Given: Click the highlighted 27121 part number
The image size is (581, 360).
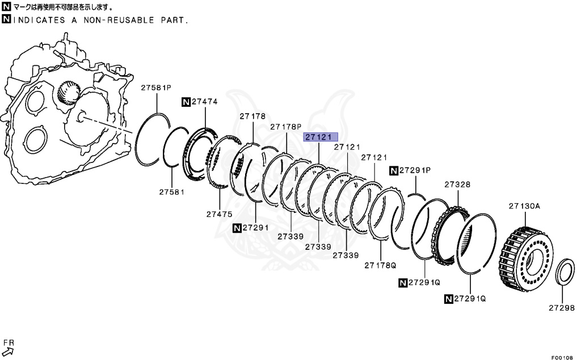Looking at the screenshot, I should tap(321, 137).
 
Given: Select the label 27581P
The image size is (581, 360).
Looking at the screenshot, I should tap(156, 87).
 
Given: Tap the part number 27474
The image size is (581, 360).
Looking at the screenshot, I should tap(204, 102).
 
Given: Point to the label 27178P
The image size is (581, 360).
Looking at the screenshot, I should tap(285, 127).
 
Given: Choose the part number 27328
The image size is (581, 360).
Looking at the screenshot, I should tap(457, 185).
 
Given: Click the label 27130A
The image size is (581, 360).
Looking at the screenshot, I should tap(525, 206).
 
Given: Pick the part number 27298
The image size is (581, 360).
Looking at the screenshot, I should tap(562, 308).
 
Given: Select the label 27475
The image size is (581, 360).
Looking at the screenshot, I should tap(220, 214).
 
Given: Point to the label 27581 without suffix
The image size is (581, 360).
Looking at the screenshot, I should tap(172, 192).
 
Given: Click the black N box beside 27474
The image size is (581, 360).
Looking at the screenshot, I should tap(186, 102).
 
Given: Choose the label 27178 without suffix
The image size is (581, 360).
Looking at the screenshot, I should tap(252, 116).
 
